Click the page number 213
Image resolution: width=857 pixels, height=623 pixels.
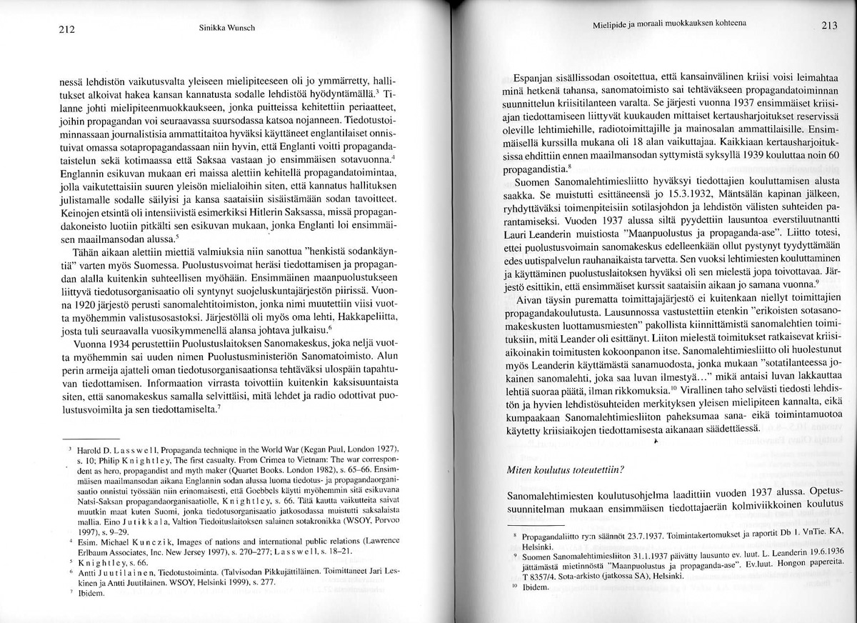828,26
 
